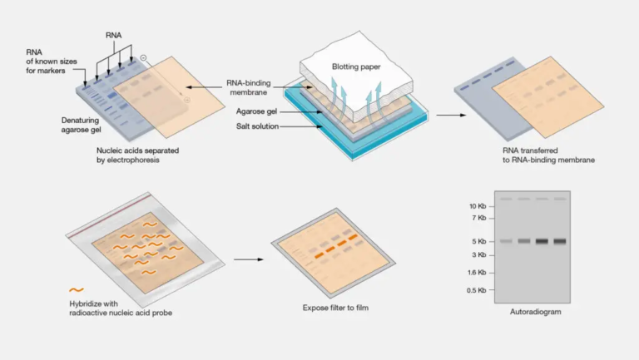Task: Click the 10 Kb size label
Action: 475,205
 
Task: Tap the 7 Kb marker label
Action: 478,218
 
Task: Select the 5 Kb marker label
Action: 478,242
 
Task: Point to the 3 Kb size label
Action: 478,254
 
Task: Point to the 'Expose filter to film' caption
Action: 335,308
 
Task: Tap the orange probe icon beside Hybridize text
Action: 77,289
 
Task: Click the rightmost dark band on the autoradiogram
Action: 558,241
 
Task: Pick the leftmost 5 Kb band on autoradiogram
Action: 505,241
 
